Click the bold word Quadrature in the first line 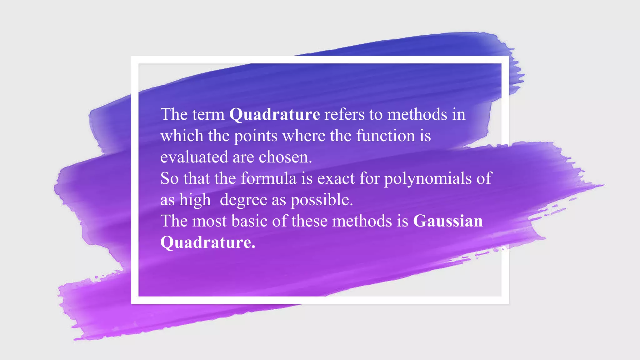pyautogui.click(x=274, y=114)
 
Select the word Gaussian pyautogui.click(x=447, y=221)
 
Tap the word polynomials pyautogui.click(x=428, y=179)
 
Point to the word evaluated pyautogui.click(x=194, y=157)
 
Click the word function pyautogui.click(x=385, y=136)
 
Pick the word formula pyautogui.click(x=268, y=178)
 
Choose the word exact pyautogui.click(x=336, y=178)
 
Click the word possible pyautogui.click(x=322, y=200)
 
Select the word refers pyautogui.click(x=344, y=114)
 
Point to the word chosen pyautogui.click(x=285, y=157)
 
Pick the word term pyautogui.click(x=209, y=114)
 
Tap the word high pyautogui.click(x=195, y=200)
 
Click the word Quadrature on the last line pyautogui.click(x=207, y=242)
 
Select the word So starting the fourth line pyautogui.click(x=169, y=178)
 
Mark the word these pyautogui.click(x=309, y=221)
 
